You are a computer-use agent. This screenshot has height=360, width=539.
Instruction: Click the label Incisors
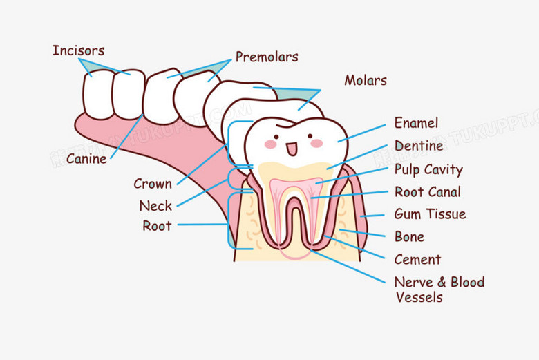click(x=78, y=50)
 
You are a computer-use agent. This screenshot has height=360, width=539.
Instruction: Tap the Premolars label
click(x=267, y=57)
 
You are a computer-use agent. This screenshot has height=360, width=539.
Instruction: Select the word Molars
click(x=366, y=80)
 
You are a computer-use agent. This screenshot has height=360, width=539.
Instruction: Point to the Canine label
click(x=86, y=159)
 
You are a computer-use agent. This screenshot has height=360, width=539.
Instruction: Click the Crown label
click(x=153, y=184)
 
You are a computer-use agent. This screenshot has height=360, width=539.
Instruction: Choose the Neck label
click(x=155, y=206)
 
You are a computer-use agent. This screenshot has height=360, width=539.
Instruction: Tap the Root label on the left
click(x=157, y=225)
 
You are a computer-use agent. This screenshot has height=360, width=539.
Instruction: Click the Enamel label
click(x=416, y=123)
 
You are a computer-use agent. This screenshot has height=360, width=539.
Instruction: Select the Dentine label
click(x=419, y=146)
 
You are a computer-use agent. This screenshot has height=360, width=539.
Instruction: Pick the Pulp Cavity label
click(x=428, y=169)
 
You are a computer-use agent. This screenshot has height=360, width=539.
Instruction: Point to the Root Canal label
click(x=427, y=191)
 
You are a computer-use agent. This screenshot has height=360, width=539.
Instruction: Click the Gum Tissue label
click(x=430, y=214)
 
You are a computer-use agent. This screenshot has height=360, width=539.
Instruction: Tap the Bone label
click(x=409, y=237)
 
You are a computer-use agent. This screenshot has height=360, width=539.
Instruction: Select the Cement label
click(x=417, y=260)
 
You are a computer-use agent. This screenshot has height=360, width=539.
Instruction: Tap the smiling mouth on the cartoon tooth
click(x=292, y=148)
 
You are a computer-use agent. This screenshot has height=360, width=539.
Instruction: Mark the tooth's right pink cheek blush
click(x=316, y=143)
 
